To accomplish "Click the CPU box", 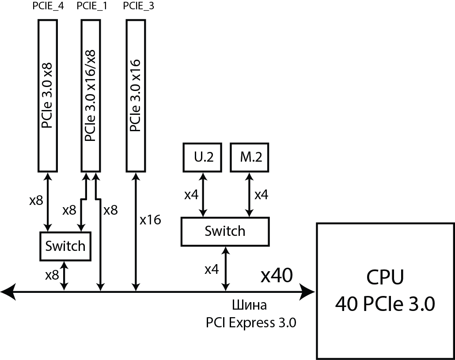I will (385, 291).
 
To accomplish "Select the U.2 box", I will (204, 157).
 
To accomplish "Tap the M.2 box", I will (250, 157).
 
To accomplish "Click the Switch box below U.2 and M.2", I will (224, 231).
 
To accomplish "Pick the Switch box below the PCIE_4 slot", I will (65, 246).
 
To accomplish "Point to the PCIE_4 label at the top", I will (48, 7).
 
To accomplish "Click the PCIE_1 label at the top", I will (92, 7).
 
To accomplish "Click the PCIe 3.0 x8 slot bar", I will (48, 95).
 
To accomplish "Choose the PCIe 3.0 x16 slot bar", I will (136, 95).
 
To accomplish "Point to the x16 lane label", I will (150, 220).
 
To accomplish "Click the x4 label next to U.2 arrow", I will (191, 194).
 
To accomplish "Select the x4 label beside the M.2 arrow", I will (261, 194).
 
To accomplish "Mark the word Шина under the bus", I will (249, 306).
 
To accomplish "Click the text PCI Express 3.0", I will (250, 323).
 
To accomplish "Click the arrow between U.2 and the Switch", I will (203, 194).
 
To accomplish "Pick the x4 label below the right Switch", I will (212, 269).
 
